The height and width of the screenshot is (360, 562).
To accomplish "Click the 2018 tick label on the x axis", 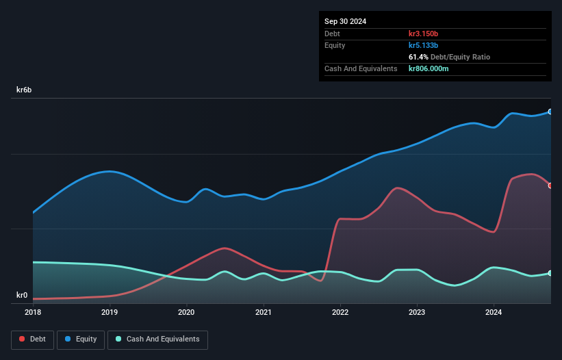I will pos(33,312).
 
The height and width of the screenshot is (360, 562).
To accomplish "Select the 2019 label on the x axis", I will pos(110,312).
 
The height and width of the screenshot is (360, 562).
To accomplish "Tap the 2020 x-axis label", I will pos(186,312).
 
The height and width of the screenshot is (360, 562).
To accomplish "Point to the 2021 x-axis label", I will pos(264,312).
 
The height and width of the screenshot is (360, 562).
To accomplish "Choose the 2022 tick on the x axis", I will pos(340,312).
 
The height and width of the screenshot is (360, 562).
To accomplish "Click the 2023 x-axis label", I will pos(417,312).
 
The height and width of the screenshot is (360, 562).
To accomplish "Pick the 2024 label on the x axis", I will pos(494,312).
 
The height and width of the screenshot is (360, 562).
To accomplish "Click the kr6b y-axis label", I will pos(25,90).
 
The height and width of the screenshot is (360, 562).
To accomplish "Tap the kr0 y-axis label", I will pos(22,296).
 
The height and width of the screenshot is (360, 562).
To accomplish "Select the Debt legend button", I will pos(33,339).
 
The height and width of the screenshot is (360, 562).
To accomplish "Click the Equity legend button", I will pos(81,339).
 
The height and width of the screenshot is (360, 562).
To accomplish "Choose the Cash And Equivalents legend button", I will pos(157,339).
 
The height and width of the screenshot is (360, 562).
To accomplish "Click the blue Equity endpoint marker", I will pos(550,112).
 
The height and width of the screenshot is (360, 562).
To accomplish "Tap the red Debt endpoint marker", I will pos(550,185).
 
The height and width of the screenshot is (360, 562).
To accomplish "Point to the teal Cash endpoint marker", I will pos(550,273).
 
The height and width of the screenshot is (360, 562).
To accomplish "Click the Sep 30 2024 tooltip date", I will pos(346,21).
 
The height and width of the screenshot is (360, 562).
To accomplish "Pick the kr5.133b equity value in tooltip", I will pos(423,45).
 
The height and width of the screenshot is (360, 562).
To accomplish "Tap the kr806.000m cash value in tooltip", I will pos(429,68).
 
